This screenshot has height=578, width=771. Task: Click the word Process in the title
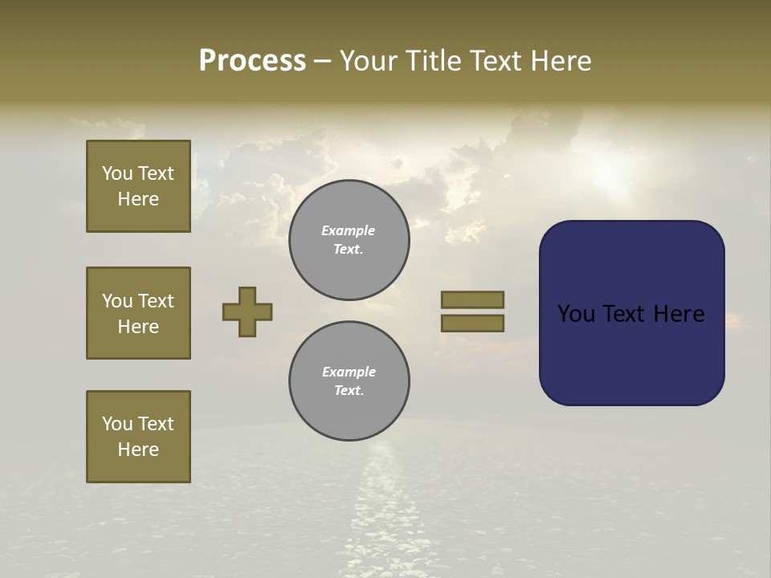pyautogui.click(x=252, y=61)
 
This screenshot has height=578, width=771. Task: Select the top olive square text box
pyautogui.click(x=138, y=186)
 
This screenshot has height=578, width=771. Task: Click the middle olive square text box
pyautogui.click(x=138, y=313)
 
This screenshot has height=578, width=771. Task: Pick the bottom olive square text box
pyautogui.click(x=138, y=437)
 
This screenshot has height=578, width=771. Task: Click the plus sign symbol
pyautogui.click(x=247, y=311)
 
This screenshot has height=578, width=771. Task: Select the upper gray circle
pyautogui.click(x=349, y=240)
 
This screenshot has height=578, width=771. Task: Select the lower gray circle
pyautogui.click(x=349, y=381)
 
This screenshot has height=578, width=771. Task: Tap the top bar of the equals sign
pyautogui.click(x=472, y=299)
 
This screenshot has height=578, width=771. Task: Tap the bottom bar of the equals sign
pyautogui.click(x=472, y=324)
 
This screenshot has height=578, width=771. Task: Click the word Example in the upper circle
pyautogui.click(x=349, y=230)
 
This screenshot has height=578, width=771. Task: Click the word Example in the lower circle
pyautogui.click(x=349, y=372)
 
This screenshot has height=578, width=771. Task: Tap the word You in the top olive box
pyautogui.click(x=117, y=173)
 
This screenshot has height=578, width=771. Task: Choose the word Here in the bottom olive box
pyautogui.click(x=138, y=450)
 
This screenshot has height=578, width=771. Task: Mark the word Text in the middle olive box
pyautogui.click(x=155, y=301)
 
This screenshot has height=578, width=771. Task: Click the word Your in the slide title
pyautogui.click(x=369, y=61)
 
